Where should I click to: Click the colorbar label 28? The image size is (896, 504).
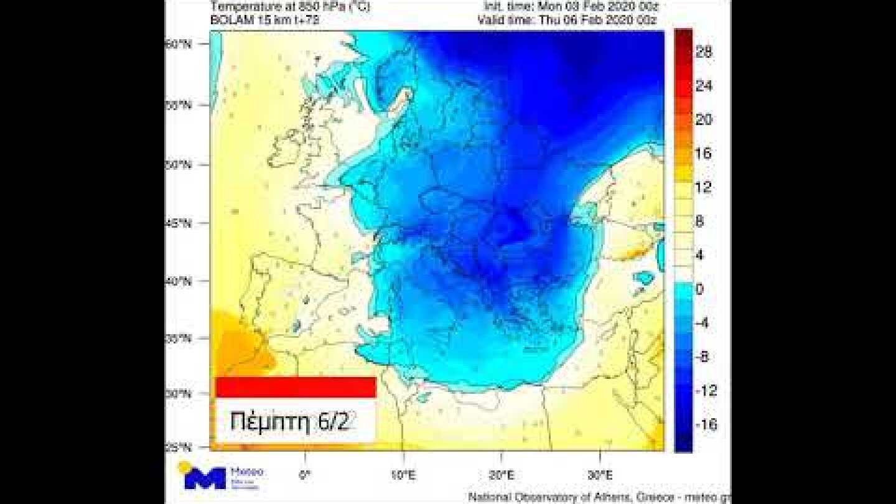click(x=704, y=53)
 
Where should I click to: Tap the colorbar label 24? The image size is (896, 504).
click(x=704, y=86)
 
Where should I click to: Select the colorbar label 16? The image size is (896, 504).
click(x=704, y=154)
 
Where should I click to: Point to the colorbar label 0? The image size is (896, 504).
click(x=700, y=289)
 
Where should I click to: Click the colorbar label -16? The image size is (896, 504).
click(x=704, y=424)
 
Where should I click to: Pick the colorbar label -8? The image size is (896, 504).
click(x=703, y=357)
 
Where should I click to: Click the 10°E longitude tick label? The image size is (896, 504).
click(x=403, y=475)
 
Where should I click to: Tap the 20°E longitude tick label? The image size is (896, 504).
click(x=502, y=475)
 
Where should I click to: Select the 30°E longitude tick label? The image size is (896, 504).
click(x=600, y=475)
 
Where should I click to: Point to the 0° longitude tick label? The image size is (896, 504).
click(x=305, y=475)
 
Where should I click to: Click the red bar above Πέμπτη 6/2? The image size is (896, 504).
click(x=296, y=387)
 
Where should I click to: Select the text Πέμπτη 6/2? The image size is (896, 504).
click(x=292, y=421)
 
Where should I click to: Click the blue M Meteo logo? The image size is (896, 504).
click(x=205, y=477)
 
